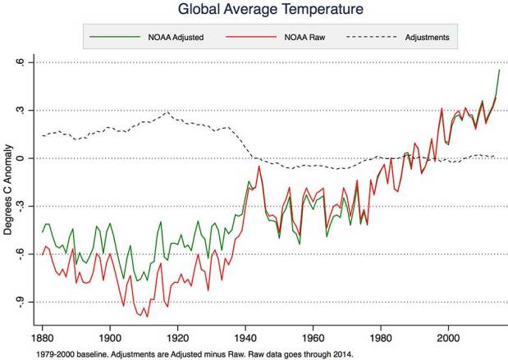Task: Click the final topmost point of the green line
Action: [x=499, y=70]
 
